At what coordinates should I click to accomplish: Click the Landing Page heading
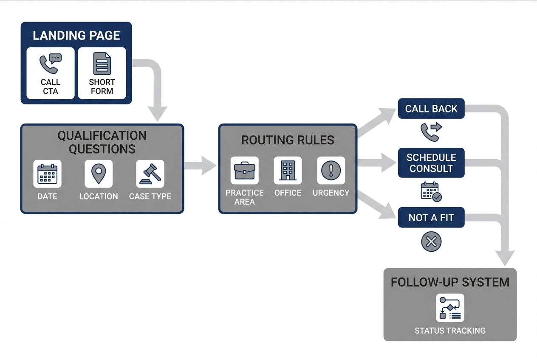(x=76, y=35)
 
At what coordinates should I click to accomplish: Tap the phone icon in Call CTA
(x=50, y=64)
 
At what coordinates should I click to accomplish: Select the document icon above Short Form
(x=102, y=64)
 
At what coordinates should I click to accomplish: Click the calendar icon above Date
(x=47, y=174)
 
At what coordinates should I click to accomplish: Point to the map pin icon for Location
(x=99, y=174)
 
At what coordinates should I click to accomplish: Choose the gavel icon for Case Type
(x=150, y=174)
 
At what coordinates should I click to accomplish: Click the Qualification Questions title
(x=102, y=142)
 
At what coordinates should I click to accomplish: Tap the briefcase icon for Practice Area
(x=244, y=170)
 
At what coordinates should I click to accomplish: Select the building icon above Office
(x=288, y=170)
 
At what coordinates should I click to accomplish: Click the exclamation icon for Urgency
(x=331, y=170)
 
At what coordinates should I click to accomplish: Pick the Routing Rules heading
(x=288, y=140)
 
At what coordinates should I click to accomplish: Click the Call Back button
(x=431, y=109)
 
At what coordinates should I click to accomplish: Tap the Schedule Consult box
(x=431, y=163)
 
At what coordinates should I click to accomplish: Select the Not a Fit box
(x=431, y=218)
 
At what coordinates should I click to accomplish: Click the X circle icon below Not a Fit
(x=431, y=242)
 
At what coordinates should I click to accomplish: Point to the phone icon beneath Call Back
(x=430, y=132)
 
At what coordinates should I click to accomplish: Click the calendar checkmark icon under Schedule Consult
(x=431, y=191)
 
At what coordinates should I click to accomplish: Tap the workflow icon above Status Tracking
(x=450, y=308)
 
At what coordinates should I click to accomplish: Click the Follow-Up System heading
(x=450, y=282)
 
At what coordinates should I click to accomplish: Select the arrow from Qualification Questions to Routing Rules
(x=201, y=166)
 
